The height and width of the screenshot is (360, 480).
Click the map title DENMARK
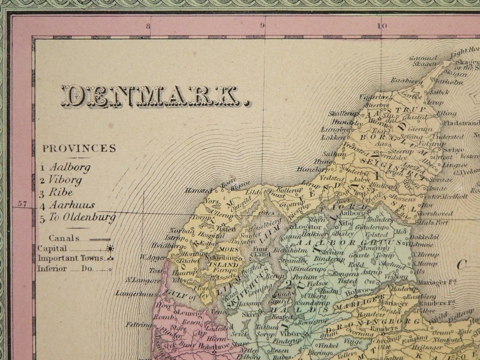coord(156,96)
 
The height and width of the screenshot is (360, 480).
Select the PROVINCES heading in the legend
coord(79,148)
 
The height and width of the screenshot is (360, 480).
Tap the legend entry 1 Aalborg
coord(66,167)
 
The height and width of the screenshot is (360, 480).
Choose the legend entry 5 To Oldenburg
coord(77,218)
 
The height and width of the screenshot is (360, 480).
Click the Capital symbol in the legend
coord(110,248)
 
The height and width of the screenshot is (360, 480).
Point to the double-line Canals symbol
coord(100,239)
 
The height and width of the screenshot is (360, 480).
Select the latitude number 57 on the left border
coord(22,204)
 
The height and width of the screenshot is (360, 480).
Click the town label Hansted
coord(199,190)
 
